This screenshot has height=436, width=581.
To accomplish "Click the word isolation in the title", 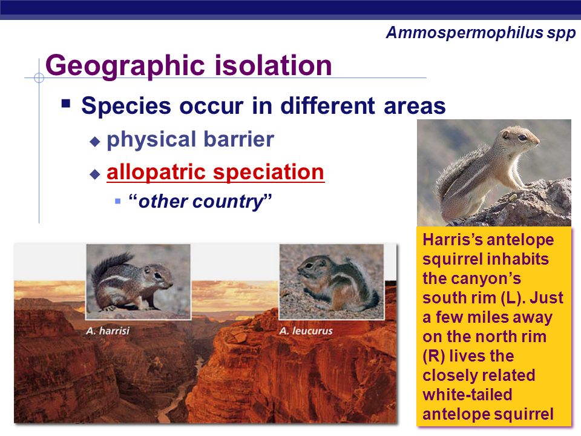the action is [x=274, y=65].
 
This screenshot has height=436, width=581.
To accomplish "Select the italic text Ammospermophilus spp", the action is [x=481, y=33].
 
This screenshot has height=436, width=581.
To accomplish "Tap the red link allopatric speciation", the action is [x=215, y=172].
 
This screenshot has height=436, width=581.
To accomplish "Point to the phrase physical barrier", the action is [x=190, y=139].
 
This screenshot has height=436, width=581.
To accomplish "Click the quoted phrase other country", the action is [x=200, y=202].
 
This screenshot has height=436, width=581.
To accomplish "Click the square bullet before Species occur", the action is [x=66, y=103].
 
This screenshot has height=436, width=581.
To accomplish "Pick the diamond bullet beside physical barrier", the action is [x=95, y=141].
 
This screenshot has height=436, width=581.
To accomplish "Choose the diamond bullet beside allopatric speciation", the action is [x=95, y=174].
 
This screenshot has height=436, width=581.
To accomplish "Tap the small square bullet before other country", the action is [x=118, y=201].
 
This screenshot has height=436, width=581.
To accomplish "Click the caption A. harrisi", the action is [x=108, y=331].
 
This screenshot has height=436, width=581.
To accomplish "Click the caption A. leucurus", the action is [x=306, y=331].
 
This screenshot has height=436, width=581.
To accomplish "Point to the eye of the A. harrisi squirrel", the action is [x=158, y=276].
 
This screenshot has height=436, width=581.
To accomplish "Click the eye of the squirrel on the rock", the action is [x=522, y=137].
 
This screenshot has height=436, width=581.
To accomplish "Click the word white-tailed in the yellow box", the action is [x=467, y=394].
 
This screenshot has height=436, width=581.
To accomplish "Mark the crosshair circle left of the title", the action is [x=39, y=78].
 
